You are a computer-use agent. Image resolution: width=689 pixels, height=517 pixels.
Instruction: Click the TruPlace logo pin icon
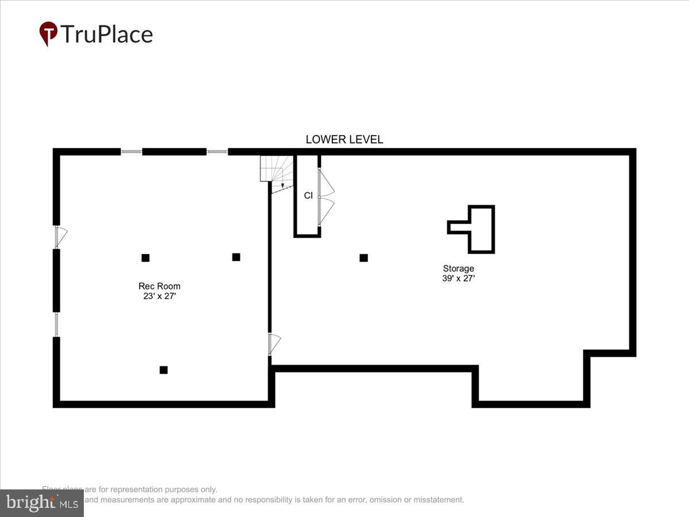[x=48, y=33]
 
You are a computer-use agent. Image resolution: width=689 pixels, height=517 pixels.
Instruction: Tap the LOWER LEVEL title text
[x=344, y=140]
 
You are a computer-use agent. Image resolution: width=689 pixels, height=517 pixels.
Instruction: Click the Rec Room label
[x=159, y=286]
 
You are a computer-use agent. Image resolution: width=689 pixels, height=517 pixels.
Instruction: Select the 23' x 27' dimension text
[x=159, y=296]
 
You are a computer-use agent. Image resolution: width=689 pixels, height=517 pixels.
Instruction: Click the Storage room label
[x=458, y=268]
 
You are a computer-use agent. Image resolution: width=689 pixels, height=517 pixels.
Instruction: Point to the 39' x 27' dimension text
[x=458, y=279]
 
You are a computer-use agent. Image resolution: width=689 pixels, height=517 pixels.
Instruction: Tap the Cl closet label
[x=308, y=195]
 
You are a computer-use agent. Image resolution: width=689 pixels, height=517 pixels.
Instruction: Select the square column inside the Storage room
[x=363, y=258]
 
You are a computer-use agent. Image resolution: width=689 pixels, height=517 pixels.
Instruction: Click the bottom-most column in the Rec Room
[x=164, y=370]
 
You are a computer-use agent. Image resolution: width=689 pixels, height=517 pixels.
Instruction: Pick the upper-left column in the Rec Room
[x=145, y=258]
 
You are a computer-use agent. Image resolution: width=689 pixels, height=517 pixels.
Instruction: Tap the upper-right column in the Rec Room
[x=236, y=257]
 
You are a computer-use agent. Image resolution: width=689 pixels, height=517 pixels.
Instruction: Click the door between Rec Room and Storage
[x=274, y=344]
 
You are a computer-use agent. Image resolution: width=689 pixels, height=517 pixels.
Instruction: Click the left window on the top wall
[x=131, y=152]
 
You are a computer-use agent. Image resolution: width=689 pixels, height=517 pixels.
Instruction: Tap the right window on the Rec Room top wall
[x=217, y=152]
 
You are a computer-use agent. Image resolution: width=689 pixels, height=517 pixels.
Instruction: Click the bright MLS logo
[x=41, y=503]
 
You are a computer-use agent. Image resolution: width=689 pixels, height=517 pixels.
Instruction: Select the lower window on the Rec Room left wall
[x=56, y=325]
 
